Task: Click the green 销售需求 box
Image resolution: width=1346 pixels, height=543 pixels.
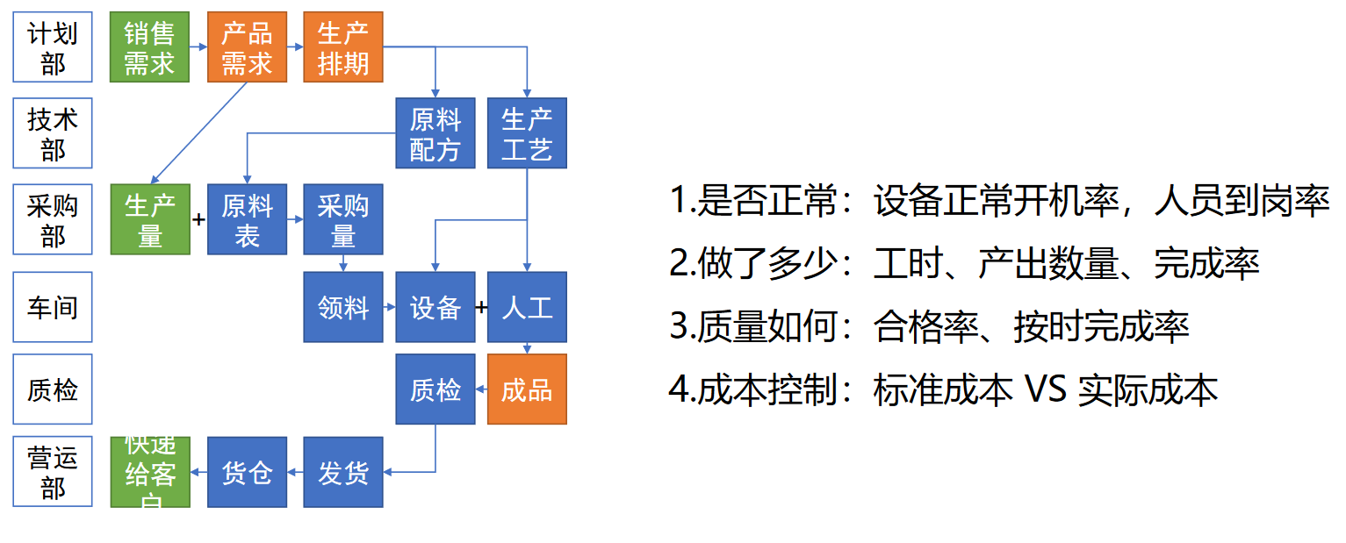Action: click(x=149, y=47)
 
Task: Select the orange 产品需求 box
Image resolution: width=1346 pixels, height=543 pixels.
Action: click(x=247, y=47)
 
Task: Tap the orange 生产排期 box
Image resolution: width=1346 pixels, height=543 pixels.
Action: click(x=343, y=47)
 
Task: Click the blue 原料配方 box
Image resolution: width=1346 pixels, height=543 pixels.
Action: click(x=435, y=133)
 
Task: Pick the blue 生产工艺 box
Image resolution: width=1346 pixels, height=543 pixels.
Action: click(x=527, y=133)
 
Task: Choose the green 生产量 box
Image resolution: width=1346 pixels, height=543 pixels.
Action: click(x=150, y=219)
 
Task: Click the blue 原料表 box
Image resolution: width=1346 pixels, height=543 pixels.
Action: click(x=247, y=219)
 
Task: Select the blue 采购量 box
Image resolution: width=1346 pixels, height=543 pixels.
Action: click(x=343, y=219)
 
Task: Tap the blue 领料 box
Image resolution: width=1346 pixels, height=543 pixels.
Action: click(x=343, y=307)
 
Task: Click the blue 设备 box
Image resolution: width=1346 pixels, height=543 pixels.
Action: click(x=435, y=307)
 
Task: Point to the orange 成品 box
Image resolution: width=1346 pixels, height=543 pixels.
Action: click(x=527, y=389)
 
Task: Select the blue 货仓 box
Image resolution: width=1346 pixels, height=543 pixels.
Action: click(x=247, y=472)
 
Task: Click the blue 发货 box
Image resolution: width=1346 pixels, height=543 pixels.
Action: click(x=343, y=472)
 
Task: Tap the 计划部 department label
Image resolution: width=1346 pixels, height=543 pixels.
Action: click(x=53, y=47)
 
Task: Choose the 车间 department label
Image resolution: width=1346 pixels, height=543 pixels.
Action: click(x=53, y=307)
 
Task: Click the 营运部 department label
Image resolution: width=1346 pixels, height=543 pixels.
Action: click(x=53, y=472)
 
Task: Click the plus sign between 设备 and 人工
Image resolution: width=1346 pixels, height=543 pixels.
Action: click(x=481, y=307)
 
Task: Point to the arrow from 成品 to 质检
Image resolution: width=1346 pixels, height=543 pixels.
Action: click(x=481, y=389)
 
